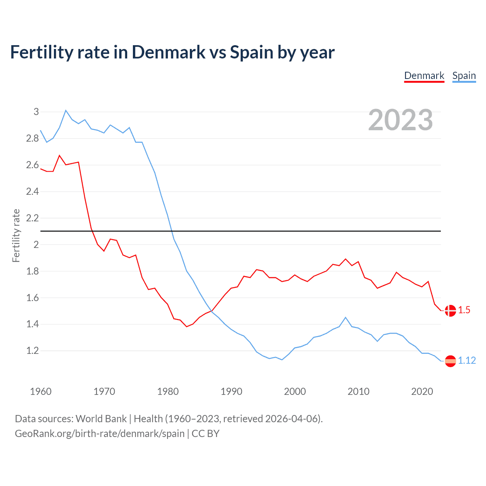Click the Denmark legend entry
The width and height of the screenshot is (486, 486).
pyautogui.click(x=424, y=76)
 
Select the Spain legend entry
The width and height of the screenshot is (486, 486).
pyautogui.click(x=464, y=76)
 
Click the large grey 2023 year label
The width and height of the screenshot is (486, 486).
pyautogui.click(x=401, y=120)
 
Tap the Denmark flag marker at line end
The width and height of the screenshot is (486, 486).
pyautogui.click(x=450, y=311)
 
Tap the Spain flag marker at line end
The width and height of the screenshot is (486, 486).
pyautogui.click(x=450, y=361)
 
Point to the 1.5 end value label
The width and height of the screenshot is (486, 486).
pyautogui.click(x=464, y=310)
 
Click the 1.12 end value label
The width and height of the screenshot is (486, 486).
pyautogui.click(x=467, y=361)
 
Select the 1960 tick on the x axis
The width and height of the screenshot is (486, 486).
pyautogui.click(x=41, y=391)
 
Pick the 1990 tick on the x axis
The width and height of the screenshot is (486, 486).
pyautogui.click(x=231, y=391)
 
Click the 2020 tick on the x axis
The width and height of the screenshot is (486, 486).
pyautogui.click(x=422, y=391)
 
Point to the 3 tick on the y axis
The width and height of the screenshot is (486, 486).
pyautogui.click(x=36, y=112)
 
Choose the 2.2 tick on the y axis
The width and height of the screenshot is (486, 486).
pyautogui.click(x=33, y=218)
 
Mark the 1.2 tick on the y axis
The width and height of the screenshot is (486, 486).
pyautogui.click(x=33, y=351)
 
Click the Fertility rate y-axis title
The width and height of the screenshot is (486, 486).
pyautogui.click(x=16, y=235)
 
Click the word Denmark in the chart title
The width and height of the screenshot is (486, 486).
pyautogui.click(x=169, y=52)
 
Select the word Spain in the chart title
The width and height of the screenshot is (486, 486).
pyautogui.click(x=251, y=52)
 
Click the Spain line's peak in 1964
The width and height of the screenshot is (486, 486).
pyautogui.click(x=66, y=110)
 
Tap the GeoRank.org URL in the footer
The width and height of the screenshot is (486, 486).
pyautogui.click(x=99, y=434)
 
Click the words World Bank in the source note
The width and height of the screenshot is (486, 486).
pyautogui.click(x=101, y=419)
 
